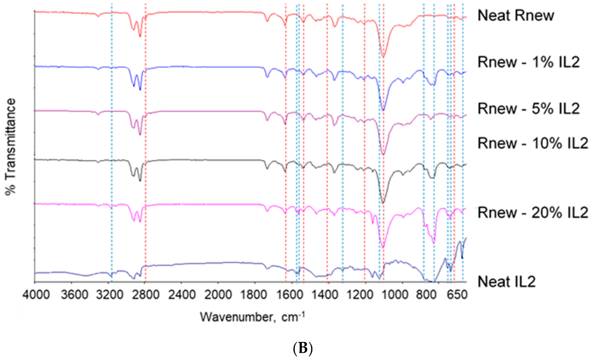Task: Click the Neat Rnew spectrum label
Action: [x=515, y=15]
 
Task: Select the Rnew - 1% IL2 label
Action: [x=528, y=62]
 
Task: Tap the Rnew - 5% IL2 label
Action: [x=528, y=109]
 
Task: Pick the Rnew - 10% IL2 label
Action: [x=533, y=143]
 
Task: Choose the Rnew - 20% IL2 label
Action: [x=533, y=212]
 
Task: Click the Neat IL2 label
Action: [x=507, y=282]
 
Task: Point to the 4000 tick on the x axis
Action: [x=36, y=294]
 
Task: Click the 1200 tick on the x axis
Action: [x=363, y=294]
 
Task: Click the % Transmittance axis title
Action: [x=10, y=147]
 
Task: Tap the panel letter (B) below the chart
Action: [x=302, y=348]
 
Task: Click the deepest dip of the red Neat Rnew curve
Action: [x=383, y=57]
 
